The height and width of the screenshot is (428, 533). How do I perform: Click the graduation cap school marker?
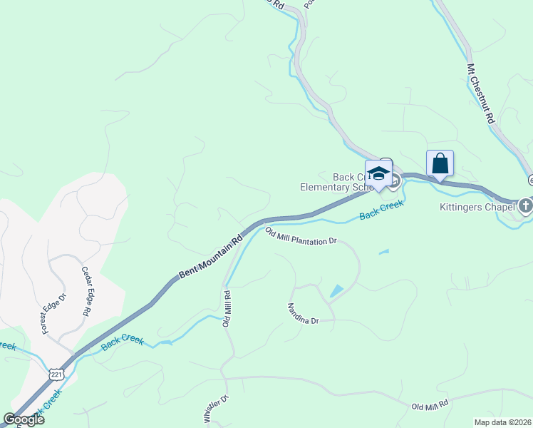379,174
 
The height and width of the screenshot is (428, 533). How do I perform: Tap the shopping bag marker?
440,163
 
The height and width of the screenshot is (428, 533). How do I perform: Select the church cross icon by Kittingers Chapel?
526,207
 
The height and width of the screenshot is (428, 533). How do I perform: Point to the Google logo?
24,419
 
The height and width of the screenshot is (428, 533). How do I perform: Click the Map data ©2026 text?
502,422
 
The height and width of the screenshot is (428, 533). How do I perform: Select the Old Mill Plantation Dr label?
300,236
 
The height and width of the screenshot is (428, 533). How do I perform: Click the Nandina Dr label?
302,314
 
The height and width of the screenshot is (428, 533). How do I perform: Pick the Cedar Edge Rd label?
86,291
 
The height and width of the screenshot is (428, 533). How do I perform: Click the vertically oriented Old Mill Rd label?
227,307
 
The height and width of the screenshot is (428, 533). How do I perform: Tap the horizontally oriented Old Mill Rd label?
430,405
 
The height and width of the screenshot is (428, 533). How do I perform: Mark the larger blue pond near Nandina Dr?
336,291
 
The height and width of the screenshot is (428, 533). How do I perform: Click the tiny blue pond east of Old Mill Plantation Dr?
385,252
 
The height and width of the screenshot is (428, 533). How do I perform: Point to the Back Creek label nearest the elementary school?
381,209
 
